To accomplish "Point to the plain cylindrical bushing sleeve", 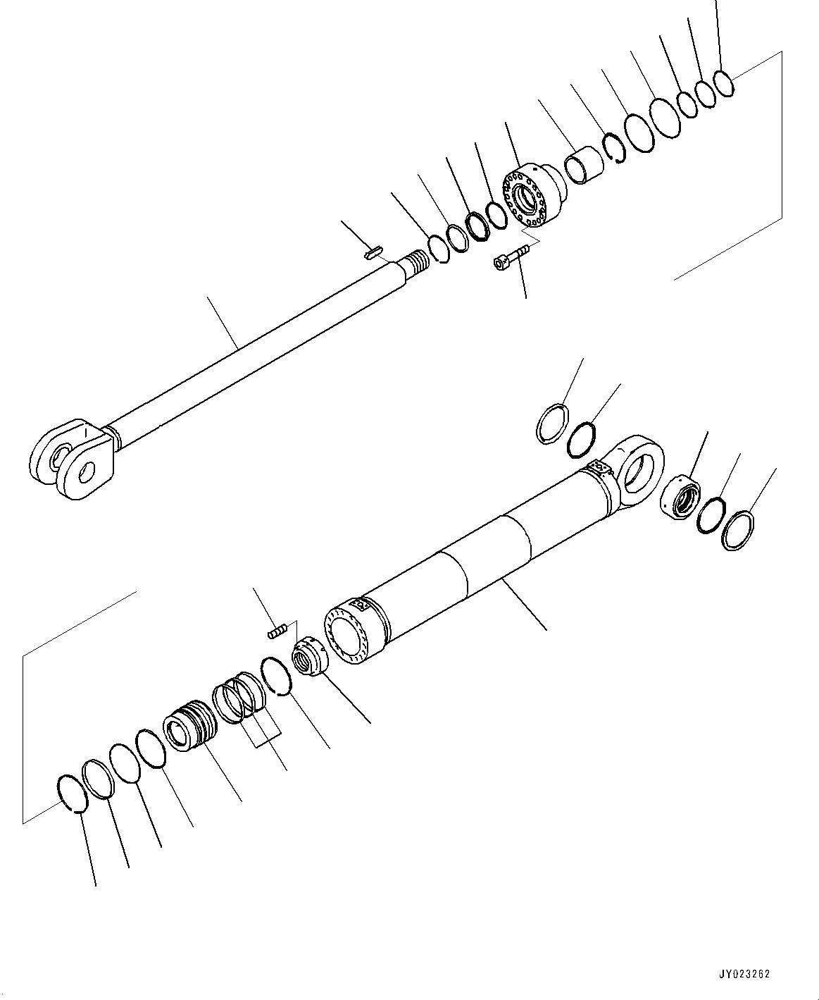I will tap(584, 165).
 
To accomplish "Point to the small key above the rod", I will tap(373, 252).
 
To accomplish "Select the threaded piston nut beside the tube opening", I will tap(308, 657).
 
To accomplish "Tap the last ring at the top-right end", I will tap(723, 82).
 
